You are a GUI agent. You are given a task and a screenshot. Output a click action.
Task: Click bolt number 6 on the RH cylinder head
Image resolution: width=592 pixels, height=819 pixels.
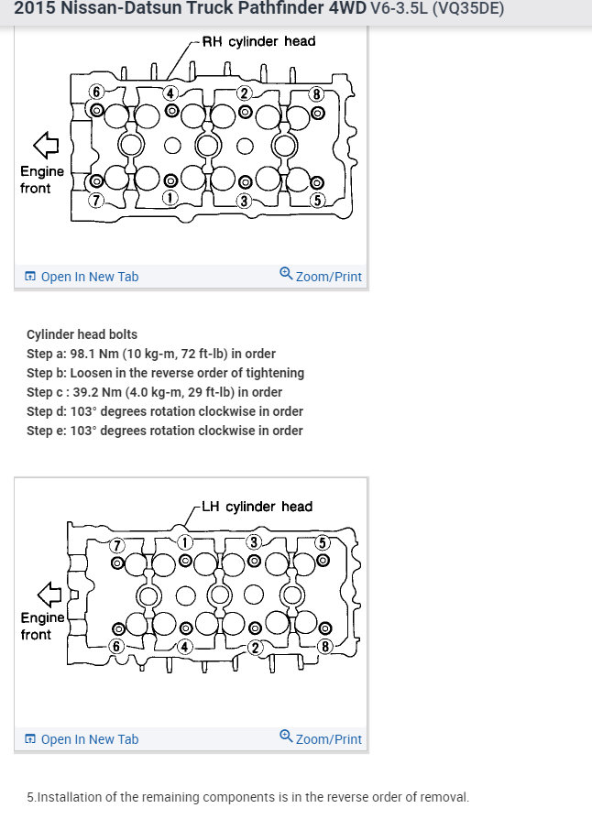[x=97, y=109]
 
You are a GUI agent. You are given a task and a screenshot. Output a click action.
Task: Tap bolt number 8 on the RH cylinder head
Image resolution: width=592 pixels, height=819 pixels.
[x=317, y=114]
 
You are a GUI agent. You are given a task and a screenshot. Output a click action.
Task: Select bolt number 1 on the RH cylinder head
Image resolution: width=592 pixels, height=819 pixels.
[x=171, y=182]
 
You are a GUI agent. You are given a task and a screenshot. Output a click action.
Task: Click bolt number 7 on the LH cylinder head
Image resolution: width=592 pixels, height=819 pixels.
[x=117, y=562]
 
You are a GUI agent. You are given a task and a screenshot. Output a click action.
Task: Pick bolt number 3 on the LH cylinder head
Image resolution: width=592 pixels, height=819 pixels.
[x=254, y=559]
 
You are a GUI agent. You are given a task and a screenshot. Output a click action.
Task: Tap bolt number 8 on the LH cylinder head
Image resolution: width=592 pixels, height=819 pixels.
[x=324, y=630]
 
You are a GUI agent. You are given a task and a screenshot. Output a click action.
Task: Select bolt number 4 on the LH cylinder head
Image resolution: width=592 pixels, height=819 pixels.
[x=185, y=628]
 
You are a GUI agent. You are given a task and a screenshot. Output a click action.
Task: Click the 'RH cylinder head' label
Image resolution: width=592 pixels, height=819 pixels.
[x=258, y=41]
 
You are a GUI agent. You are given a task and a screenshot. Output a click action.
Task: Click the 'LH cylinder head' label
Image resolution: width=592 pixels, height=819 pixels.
[x=258, y=507]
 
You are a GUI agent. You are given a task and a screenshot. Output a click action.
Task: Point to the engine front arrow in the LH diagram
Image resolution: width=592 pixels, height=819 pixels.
[x=49, y=594]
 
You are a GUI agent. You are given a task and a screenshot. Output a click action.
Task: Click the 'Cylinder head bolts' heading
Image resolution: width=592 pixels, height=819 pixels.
[x=82, y=334]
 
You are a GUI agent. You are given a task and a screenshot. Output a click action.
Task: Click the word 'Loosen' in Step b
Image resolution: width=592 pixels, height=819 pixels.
[x=93, y=373]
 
